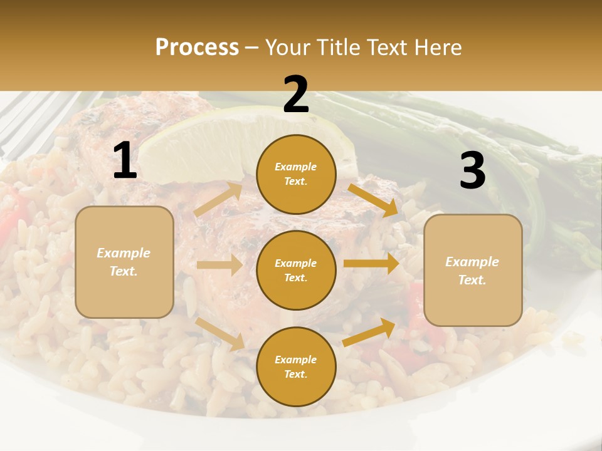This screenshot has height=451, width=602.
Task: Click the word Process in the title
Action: [197, 48]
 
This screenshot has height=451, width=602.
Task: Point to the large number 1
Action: [125, 161]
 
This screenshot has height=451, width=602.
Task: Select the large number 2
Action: [296, 95]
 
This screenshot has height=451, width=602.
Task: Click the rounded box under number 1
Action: [124, 262]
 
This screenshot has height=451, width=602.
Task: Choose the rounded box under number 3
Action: [473, 270]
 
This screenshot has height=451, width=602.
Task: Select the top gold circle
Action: [296, 174]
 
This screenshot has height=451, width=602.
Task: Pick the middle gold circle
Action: [296, 270]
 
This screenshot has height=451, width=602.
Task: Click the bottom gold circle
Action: [296, 366]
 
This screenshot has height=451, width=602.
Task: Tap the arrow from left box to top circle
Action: [219, 199]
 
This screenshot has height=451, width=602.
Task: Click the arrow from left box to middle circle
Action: [219, 265]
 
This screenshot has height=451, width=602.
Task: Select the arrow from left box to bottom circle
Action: [220, 333]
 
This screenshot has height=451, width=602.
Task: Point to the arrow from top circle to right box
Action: [374, 199]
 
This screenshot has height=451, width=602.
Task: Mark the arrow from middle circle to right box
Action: [371, 264]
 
